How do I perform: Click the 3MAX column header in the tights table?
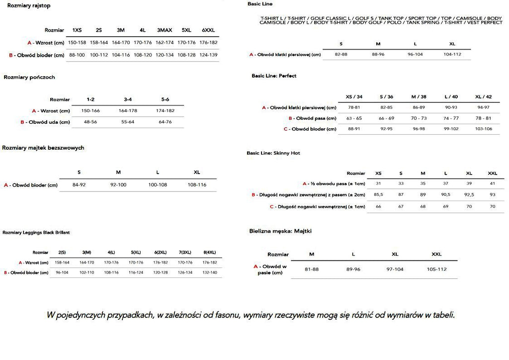[165, 30]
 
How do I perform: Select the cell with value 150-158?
[77, 42]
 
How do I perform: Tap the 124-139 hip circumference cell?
[208, 55]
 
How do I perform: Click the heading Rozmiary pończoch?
[29, 78]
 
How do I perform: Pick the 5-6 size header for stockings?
[165, 99]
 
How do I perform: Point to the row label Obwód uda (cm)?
[45, 122]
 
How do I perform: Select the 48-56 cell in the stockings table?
[90, 122]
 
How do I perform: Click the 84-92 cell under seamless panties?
[79, 185]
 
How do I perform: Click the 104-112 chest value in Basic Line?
[452, 54]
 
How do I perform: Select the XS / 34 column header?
[354, 96]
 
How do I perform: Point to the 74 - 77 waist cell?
[451, 118]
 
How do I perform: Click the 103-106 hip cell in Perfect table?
[483, 129]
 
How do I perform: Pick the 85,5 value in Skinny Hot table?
[378, 194]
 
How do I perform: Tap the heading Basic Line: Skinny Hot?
[273, 153]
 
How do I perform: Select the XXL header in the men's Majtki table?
[436, 254]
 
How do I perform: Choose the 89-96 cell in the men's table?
[353, 269]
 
